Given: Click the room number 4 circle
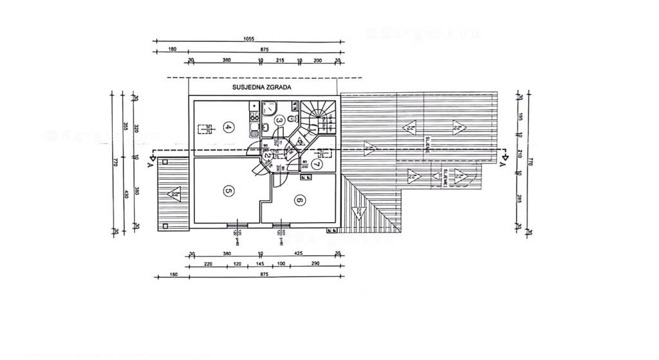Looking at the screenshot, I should (228, 127).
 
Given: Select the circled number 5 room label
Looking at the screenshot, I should (228, 191).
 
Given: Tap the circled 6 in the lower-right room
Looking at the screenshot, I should (299, 200).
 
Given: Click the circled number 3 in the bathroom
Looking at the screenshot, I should (279, 120).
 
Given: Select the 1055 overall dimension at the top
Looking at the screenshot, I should (248, 39).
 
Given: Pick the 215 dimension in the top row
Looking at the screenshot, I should (280, 60).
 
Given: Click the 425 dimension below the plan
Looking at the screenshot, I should (299, 253).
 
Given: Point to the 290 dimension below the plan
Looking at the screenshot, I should (315, 264).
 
